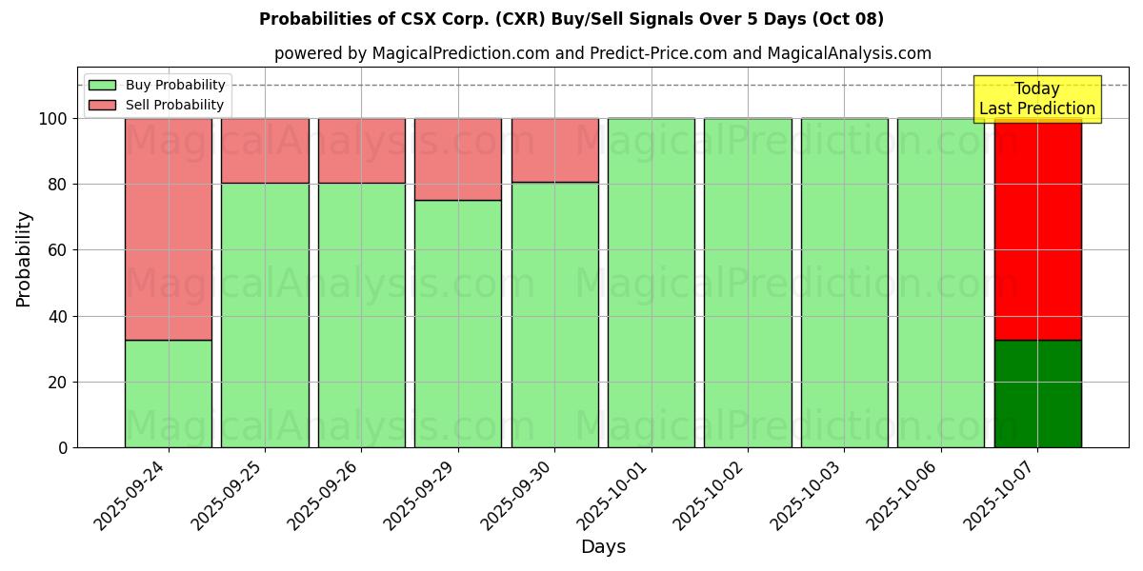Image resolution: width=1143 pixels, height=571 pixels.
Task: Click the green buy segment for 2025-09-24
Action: click(x=168, y=393)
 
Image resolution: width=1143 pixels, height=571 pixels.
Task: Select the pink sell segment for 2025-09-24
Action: click(x=168, y=228)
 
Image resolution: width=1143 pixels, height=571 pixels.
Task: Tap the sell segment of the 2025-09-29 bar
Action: click(x=457, y=159)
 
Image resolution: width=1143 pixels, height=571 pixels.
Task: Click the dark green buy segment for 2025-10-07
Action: click(x=1037, y=393)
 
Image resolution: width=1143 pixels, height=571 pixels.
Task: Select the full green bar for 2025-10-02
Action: click(x=748, y=283)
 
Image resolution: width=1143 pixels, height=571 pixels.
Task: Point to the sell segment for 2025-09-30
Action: click(x=554, y=150)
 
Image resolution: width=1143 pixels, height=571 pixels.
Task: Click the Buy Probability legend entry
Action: click(x=158, y=85)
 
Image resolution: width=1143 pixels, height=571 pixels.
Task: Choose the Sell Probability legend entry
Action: click(x=158, y=105)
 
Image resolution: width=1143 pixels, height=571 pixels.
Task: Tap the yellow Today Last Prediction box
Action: click(x=1036, y=99)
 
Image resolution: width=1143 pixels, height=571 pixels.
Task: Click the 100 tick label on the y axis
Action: click(x=52, y=119)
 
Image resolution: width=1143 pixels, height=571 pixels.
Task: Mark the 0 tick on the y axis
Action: click(x=63, y=447)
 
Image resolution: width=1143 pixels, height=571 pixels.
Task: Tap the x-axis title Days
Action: click(x=603, y=547)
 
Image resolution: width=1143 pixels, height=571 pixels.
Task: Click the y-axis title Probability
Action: click(x=24, y=259)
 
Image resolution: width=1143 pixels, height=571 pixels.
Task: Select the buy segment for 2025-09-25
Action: click(x=265, y=315)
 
